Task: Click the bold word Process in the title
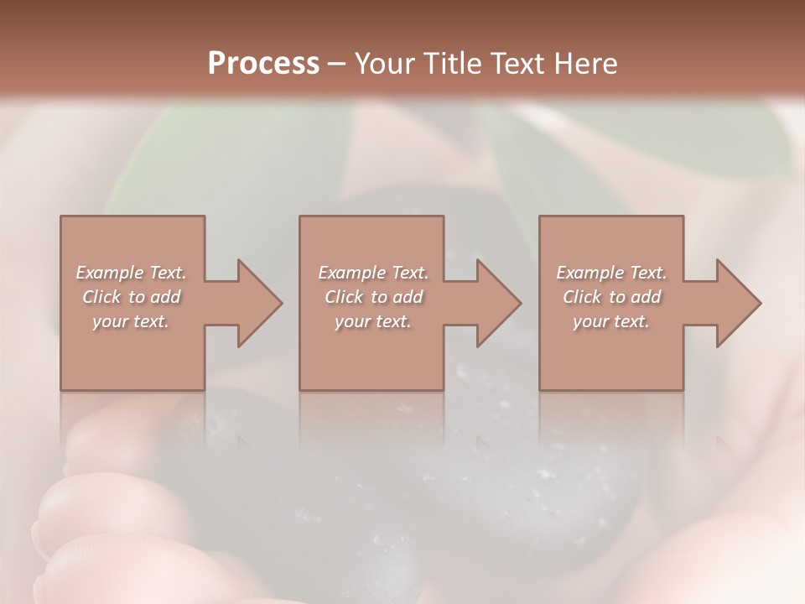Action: (263, 63)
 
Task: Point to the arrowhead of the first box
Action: (256, 303)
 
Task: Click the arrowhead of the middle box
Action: (496, 303)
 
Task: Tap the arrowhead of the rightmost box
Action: (735, 303)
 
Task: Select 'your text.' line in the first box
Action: (131, 321)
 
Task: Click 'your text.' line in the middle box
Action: (373, 321)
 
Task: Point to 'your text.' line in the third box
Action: (611, 321)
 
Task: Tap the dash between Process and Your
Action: (336, 64)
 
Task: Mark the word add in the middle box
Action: (407, 297)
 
